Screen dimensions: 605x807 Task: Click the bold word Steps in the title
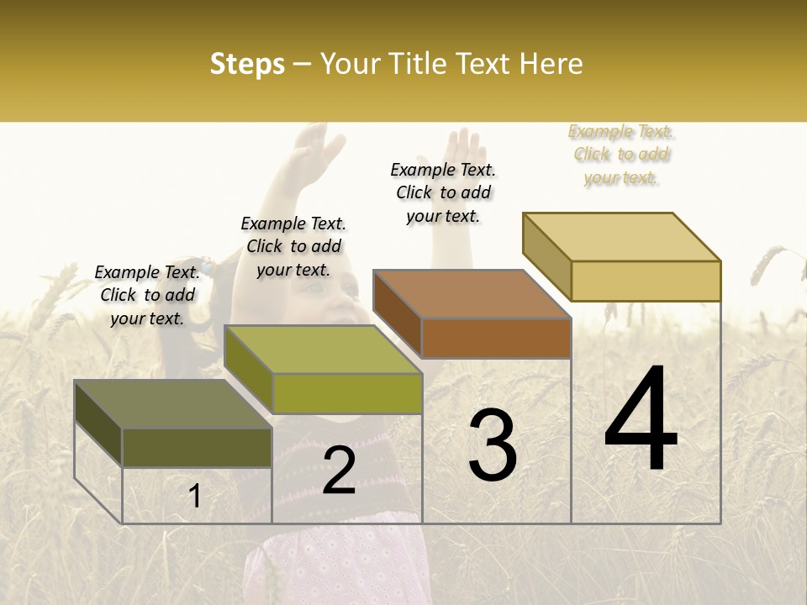(247, 64)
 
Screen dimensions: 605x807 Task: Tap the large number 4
(641, 420)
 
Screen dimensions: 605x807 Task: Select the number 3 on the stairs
(492, 445)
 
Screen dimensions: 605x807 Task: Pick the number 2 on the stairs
(339, 471)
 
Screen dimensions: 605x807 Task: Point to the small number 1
(195, 497)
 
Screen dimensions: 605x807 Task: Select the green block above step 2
(323, 370)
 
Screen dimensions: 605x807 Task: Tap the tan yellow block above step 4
(622, 256)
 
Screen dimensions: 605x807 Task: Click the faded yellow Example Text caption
(621, 155)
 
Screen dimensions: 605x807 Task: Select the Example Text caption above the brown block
(443, 192)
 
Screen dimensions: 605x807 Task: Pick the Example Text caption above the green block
(293, 246)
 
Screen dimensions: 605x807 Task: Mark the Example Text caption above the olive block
(147, 295)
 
